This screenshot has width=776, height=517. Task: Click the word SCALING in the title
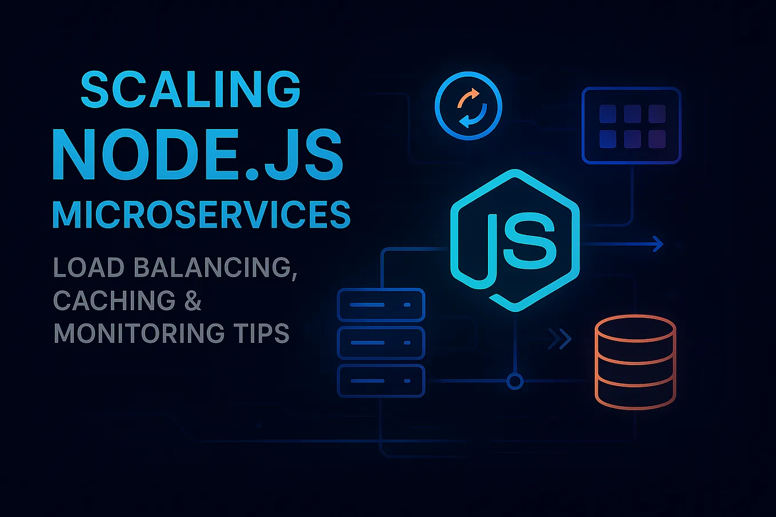[x=190, y=90]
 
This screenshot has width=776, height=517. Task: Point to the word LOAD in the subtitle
[x=89, y=267]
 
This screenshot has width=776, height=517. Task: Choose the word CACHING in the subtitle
[x=114, y=300]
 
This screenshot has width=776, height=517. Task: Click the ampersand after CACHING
[x=193, y=300]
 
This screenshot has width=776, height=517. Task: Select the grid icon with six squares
[x=631, y=126]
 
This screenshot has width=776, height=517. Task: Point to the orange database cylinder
[x=635, y=363]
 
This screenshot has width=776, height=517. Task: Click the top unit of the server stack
[x=381, y=305]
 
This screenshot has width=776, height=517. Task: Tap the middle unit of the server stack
[x=381, y=343]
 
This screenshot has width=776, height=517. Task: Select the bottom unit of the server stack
[x=381, y=380]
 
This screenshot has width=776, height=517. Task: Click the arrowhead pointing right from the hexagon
[x=658, y=244]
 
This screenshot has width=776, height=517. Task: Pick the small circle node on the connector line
[x=515, y=381]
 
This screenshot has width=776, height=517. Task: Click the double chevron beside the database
[x=559, y=339]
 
